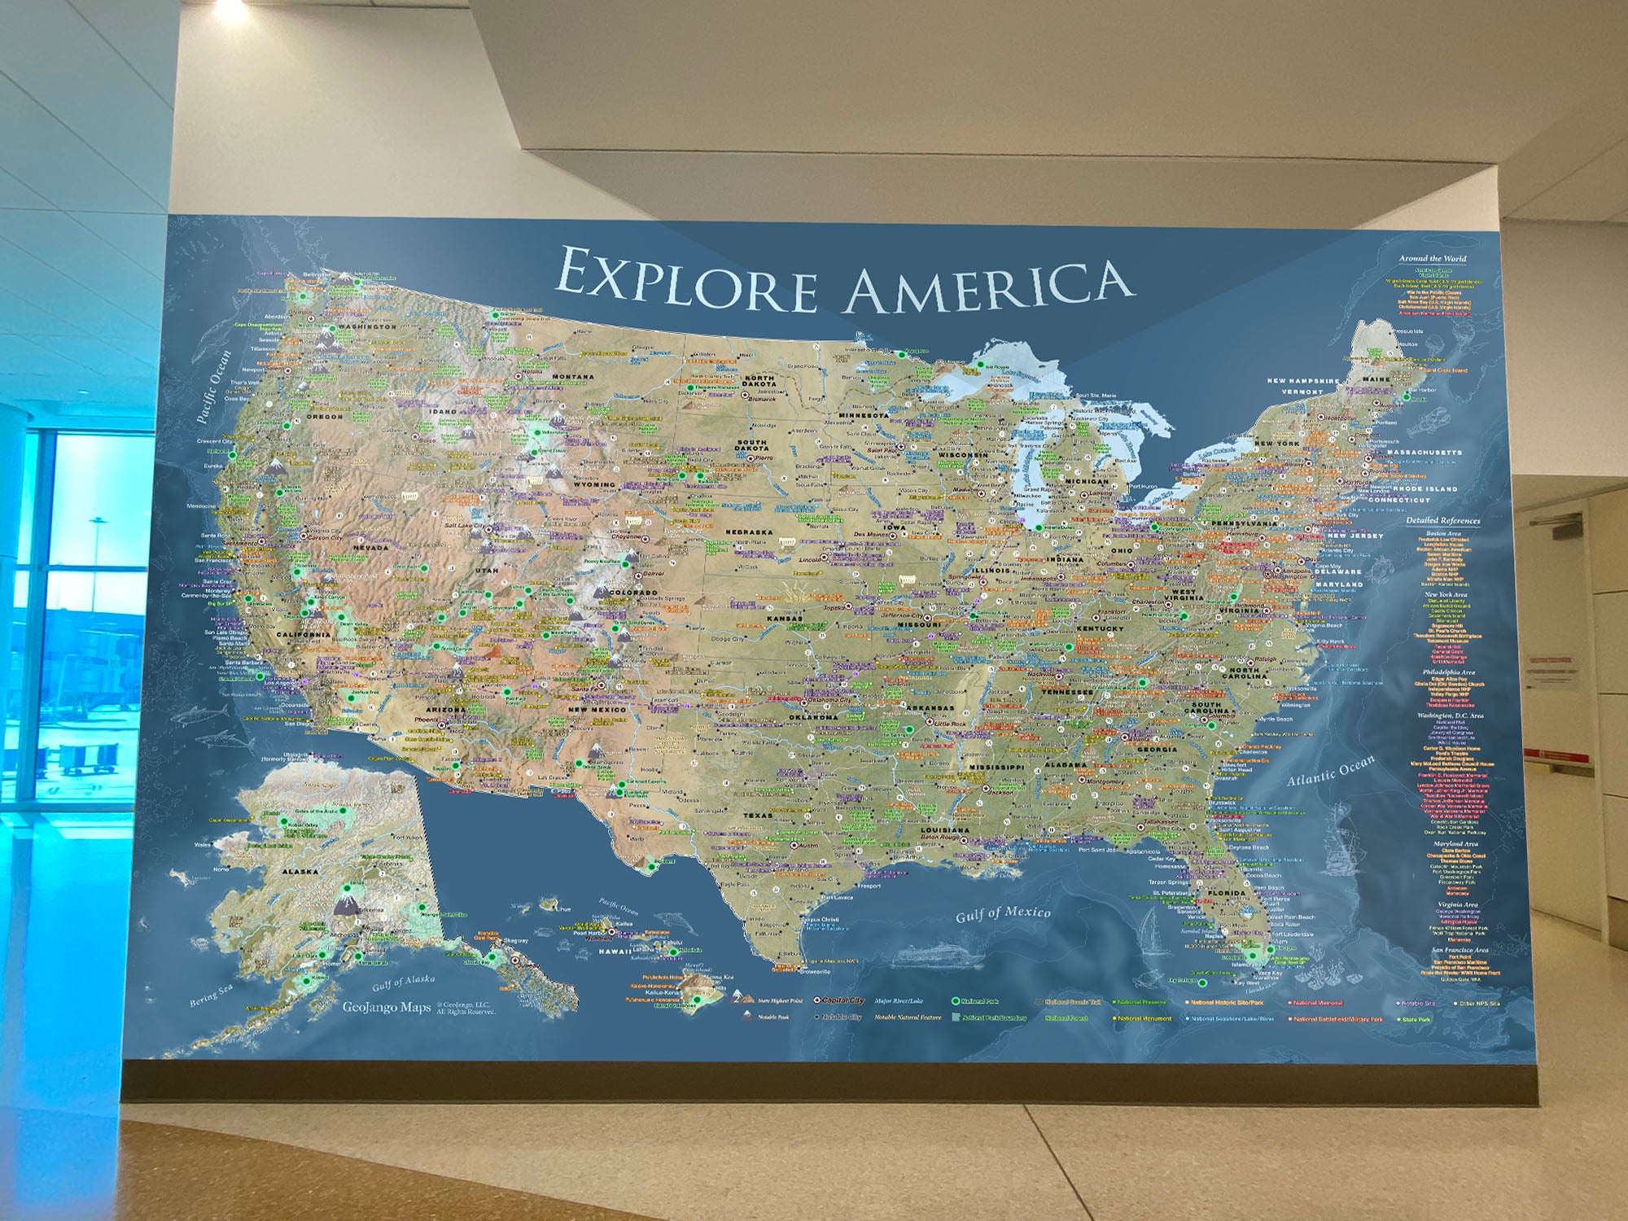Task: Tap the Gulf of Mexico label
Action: tap(1003, 914)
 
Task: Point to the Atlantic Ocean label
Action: tap(1330, 769)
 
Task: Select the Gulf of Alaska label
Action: tap(403, 983)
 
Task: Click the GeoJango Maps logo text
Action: tap(387, 1007)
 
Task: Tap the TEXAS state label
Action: tap(757, 815)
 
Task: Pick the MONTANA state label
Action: tap(573, 377)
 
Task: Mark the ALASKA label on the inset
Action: tap(300, 871)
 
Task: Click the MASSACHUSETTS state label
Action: tap(1424, 452)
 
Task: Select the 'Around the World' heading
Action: tap(1433, 259)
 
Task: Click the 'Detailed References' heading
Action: tap(1442, 520)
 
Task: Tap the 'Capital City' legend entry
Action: tap(842, 1000)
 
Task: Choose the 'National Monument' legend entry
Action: tap(1144, 1018)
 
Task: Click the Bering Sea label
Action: tap(211, 995)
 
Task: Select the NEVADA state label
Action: tap(370, 548)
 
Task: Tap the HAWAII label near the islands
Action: tap(615, 951)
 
